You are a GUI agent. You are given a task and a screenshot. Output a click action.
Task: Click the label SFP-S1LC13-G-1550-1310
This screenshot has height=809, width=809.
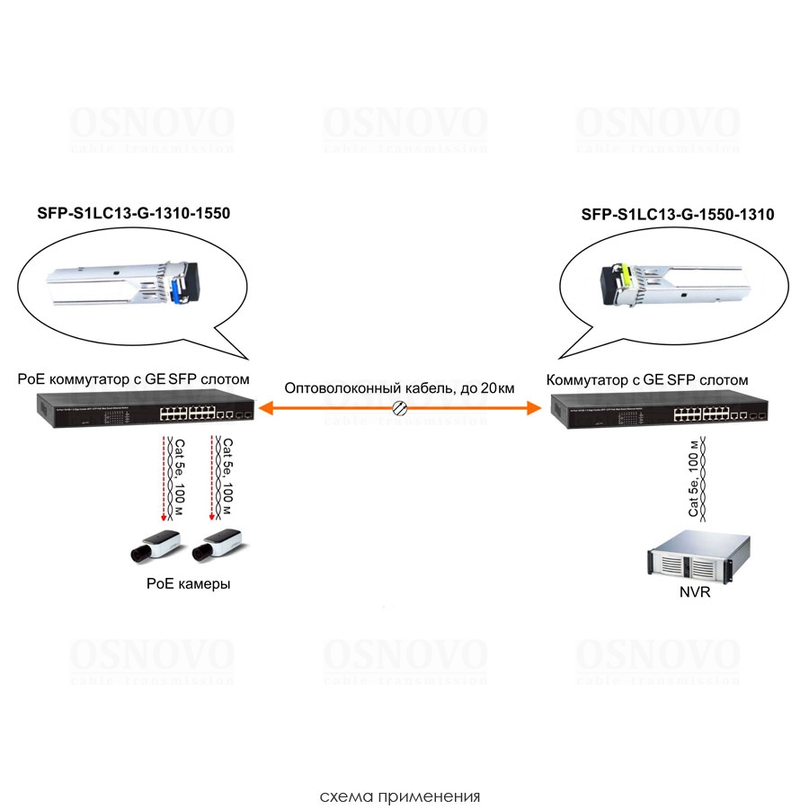click(678, 215)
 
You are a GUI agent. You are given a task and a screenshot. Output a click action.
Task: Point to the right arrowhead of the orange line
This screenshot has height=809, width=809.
click(536, 409)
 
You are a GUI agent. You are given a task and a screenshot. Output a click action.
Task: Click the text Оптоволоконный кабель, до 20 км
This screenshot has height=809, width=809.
click(399, 388)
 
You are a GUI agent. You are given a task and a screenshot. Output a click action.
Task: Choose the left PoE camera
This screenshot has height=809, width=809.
click(153, 545)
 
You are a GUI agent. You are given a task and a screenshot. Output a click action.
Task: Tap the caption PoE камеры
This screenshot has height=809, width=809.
click(188, 583)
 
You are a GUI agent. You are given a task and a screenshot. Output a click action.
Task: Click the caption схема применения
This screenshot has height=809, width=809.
click(400, 796)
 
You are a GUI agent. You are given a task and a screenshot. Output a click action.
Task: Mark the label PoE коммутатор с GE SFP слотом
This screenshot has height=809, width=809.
click(133, 379)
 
